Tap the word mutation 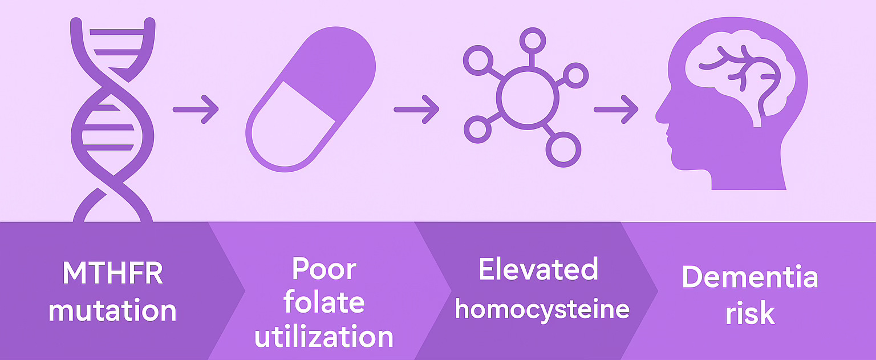(x=112, y=312)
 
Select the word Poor (x=324, y=269)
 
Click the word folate (x=324, y=303)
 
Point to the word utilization (x=324, y=337)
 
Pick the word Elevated (x=538, y=270)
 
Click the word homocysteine (x=542, y=309)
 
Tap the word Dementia (x=750, y=278)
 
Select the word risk (x=750, y=313)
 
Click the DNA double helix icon (x=112, y=120)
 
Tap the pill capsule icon (x=311, y=100)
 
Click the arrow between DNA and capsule (x=196, y=108)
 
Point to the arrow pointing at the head (x=616, y=108)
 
